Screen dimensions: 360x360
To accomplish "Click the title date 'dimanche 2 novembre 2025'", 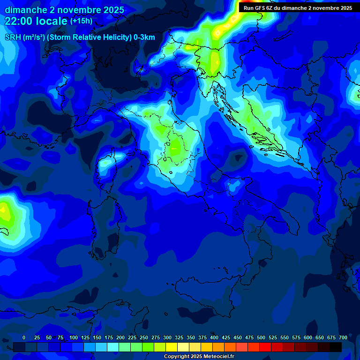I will tap(65, 10).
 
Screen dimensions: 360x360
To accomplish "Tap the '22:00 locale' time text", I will tap(36, 22).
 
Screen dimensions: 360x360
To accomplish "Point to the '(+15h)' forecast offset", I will tap(82, 21).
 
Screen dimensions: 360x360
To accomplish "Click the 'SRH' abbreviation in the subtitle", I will tap(13, 37).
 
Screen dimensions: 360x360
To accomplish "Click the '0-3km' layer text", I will tap(144, 37).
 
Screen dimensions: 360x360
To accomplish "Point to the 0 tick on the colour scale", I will tap(24, 338).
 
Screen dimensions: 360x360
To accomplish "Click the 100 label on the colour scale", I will tap(74, 338).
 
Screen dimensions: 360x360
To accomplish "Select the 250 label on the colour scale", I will tap(144, 338).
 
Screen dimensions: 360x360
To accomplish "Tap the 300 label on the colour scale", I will tap(167, 338).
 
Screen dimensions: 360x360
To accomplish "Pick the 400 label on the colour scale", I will tap(214, 338).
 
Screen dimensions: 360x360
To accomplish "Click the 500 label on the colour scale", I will tap(261, 338).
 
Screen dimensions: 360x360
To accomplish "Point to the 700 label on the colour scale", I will tap(343, 338).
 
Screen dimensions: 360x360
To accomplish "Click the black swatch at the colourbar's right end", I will tap(336, 347).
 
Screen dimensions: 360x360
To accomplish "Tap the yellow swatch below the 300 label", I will tap(172, 347).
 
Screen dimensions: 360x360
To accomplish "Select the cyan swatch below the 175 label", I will tap(113, 347).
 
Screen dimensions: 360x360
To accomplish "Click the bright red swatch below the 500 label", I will tap(265, 347).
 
